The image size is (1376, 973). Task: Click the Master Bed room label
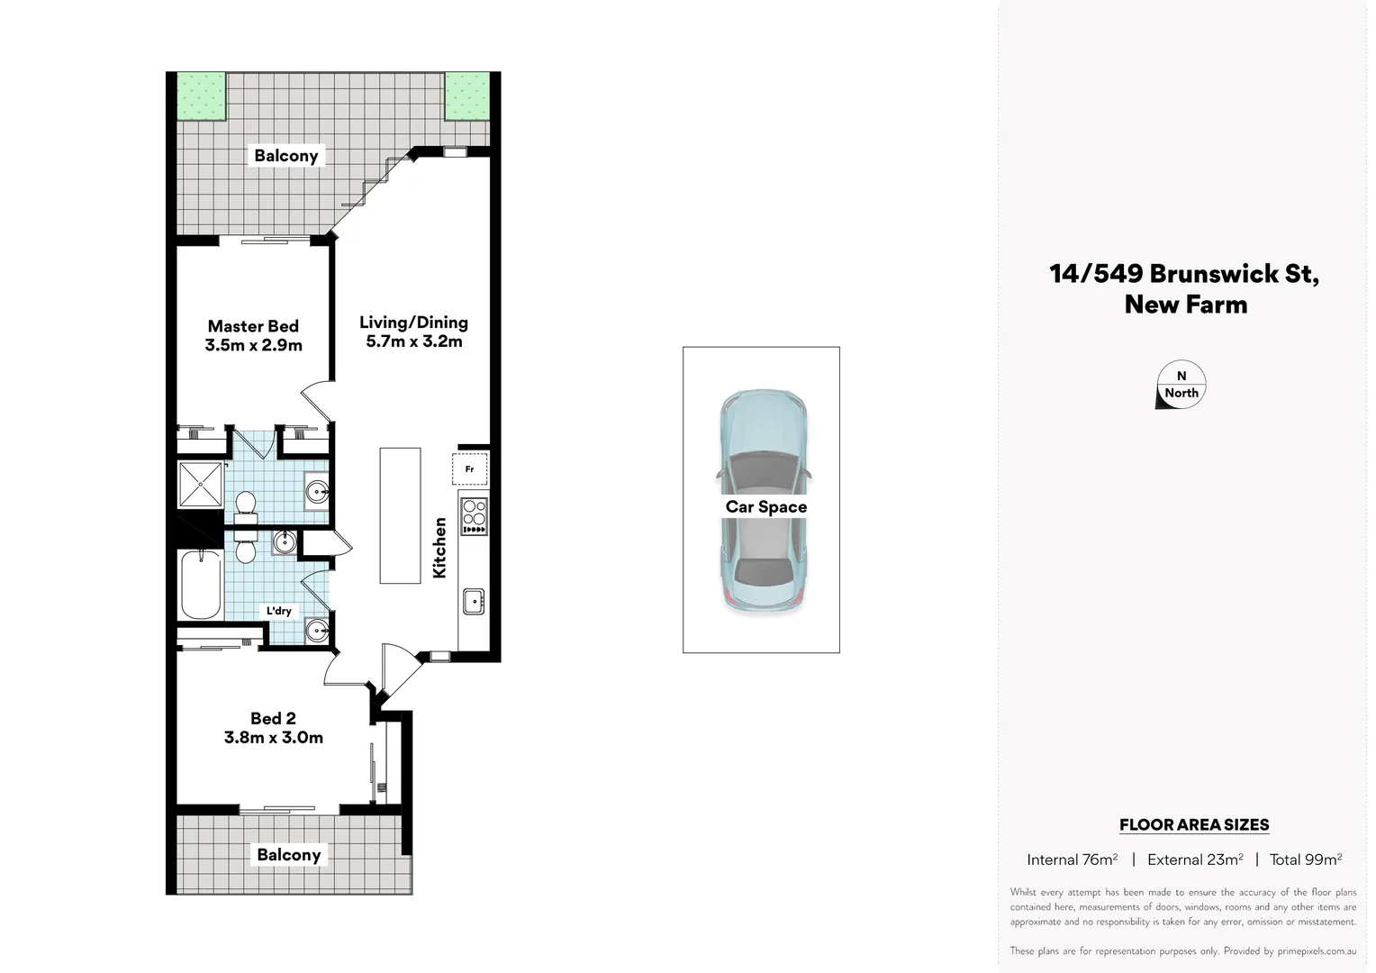253,326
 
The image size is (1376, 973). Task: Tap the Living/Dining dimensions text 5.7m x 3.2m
413,341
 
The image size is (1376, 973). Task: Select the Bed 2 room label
273,718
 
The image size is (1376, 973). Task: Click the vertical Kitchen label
439,547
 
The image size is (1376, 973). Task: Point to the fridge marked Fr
469,469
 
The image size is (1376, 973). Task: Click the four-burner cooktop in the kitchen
474,516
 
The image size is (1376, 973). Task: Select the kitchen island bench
400,515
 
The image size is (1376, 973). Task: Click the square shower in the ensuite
200,484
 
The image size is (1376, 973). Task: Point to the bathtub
201,585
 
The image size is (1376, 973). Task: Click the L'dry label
279,611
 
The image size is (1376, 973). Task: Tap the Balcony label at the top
285,156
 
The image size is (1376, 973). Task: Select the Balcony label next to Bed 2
288,855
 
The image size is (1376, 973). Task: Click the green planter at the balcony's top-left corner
201,96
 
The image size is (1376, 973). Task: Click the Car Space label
765,507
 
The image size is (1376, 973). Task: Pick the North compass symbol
1181,386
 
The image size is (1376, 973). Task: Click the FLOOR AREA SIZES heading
1193,824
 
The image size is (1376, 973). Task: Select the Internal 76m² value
1072,859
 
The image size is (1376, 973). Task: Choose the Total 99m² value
1305,859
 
